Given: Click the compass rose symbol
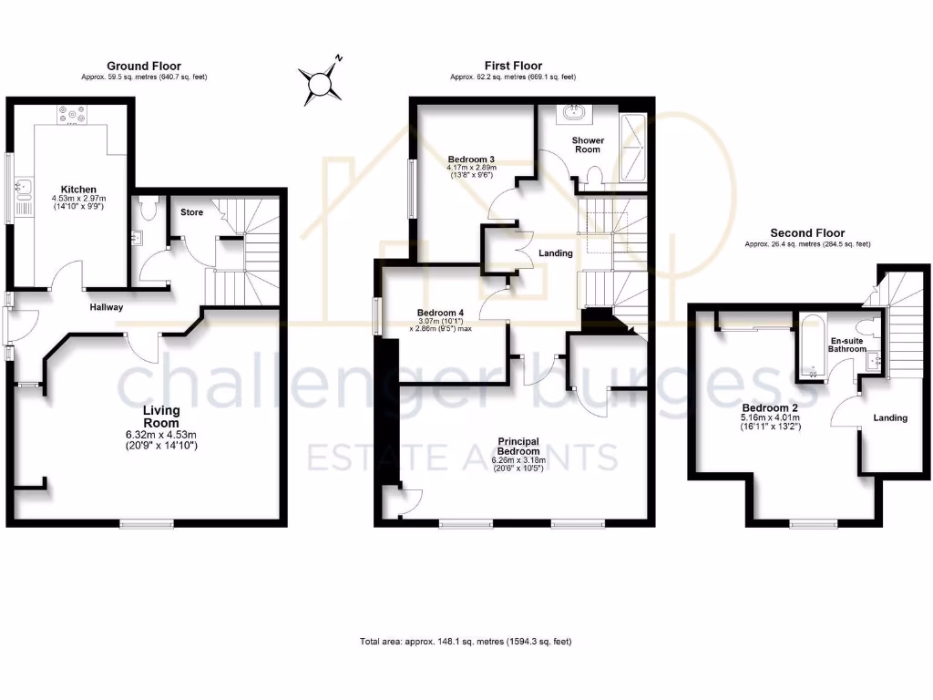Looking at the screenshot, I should (x=321, y=84).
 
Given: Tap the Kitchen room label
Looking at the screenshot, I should (x=78, y=190).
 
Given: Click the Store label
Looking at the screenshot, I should (x=191, y=212).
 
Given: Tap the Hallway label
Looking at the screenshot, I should (x=106, y=307).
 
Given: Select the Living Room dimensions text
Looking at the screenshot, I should (x=160, y=440).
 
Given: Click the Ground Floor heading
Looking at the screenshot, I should (x=144, y=66).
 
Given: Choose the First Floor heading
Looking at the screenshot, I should (x=513, y=66).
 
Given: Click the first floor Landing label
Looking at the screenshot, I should (x=555, y=253).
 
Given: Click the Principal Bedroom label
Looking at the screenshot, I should (x=518, y=446).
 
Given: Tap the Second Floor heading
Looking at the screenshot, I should (x=807, y=233).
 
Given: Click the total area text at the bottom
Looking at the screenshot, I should (x=466, y=642).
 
